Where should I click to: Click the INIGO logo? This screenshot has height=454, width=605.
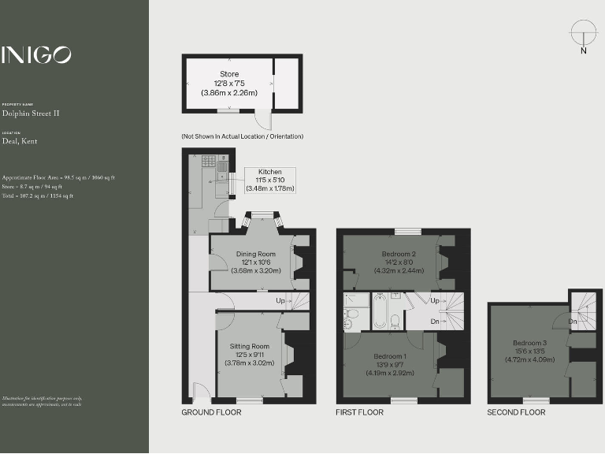tap(36, 54)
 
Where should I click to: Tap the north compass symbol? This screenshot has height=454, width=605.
tap(583, 35)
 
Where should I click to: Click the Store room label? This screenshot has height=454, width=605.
tap(229, 83)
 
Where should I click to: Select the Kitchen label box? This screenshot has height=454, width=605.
tap(269, 180)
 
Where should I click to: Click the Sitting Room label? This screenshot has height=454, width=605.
tap(250, 355)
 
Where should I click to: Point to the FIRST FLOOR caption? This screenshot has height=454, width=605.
tap(359, 412)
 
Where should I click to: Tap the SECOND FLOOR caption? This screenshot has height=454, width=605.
tap(516, 412)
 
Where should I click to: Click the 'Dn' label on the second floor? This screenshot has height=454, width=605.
tap(573, 322)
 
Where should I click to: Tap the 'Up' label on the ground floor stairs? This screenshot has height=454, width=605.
tap(280, 301)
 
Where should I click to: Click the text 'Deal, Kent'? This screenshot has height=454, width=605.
tap(19, 142)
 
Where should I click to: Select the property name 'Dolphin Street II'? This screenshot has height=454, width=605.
tap(31, 113)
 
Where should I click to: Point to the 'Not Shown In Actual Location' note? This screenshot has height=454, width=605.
tap(242, 136)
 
